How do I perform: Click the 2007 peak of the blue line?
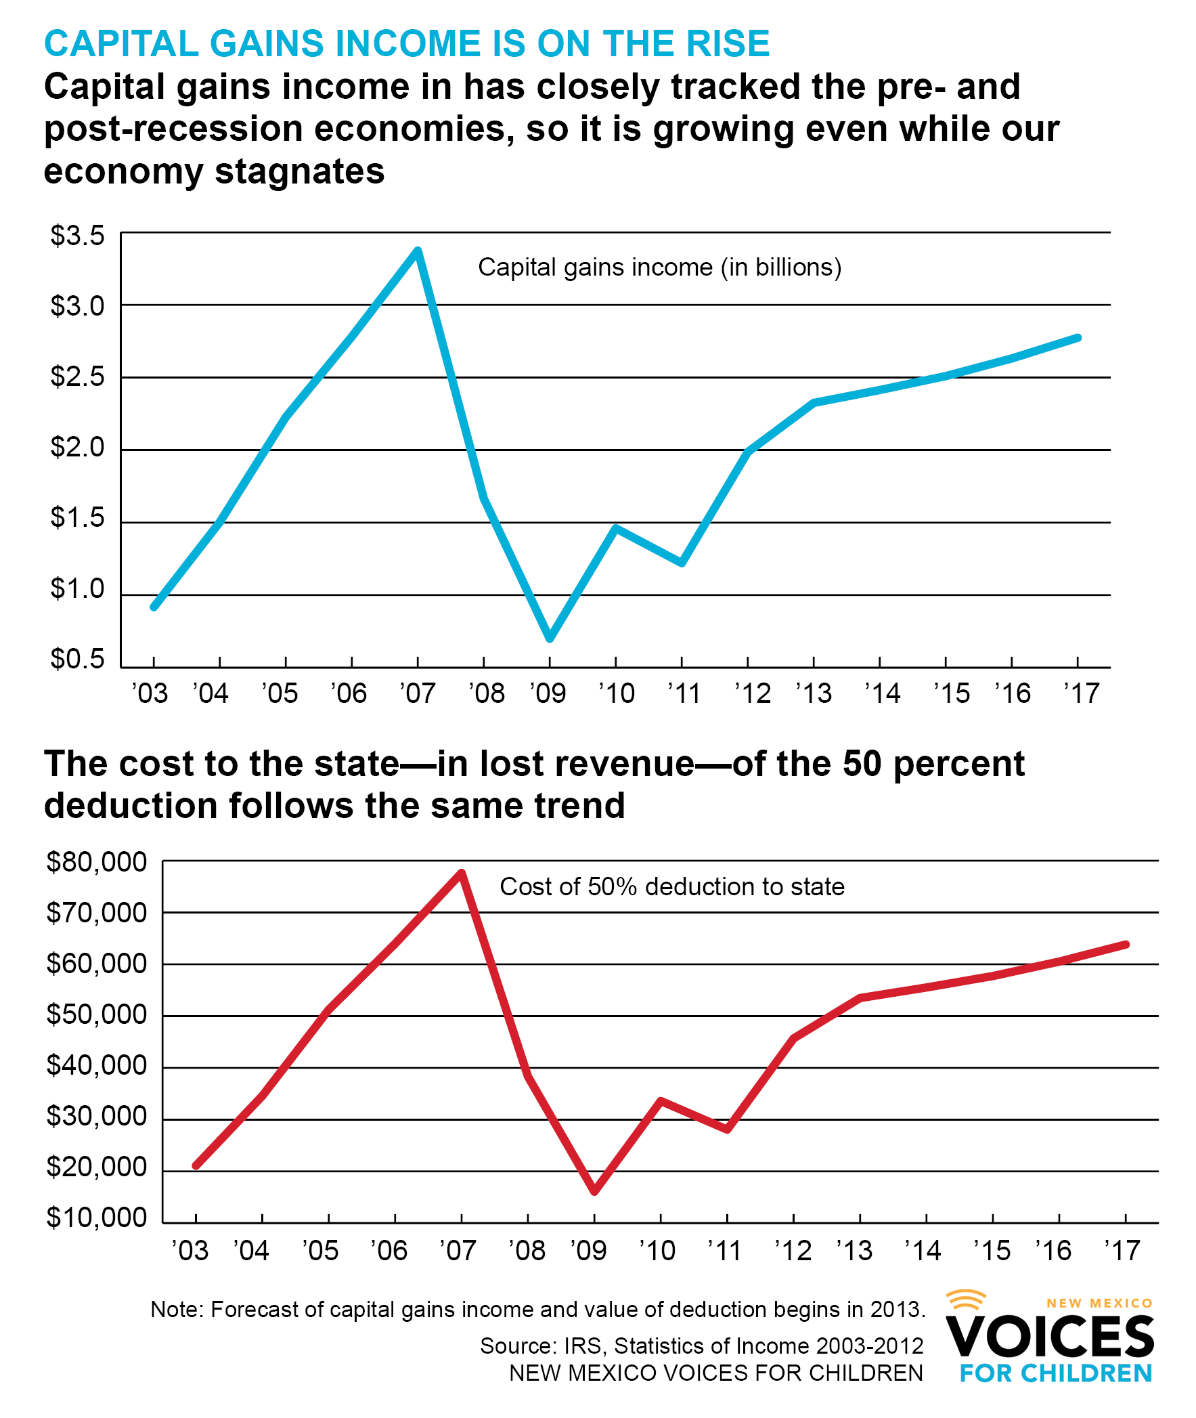pos(418,251)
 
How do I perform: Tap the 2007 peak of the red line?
pos(462,874)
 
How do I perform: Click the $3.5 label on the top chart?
pos(77,236)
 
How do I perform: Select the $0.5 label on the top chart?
pos(77,659)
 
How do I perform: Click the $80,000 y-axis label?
pos(96,862)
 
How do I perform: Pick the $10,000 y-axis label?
pos(96,1218)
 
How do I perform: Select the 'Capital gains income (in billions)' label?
pos(660,267)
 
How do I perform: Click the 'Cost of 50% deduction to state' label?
pos(672,887)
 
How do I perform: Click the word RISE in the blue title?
pos(728,44)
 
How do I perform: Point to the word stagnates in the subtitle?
pos(300,171)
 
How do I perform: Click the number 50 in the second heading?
pos(862,764)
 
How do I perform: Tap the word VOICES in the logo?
pos(1050,1338)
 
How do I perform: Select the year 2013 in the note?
pos(895,1310)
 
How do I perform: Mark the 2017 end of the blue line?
pos(1078,338)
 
